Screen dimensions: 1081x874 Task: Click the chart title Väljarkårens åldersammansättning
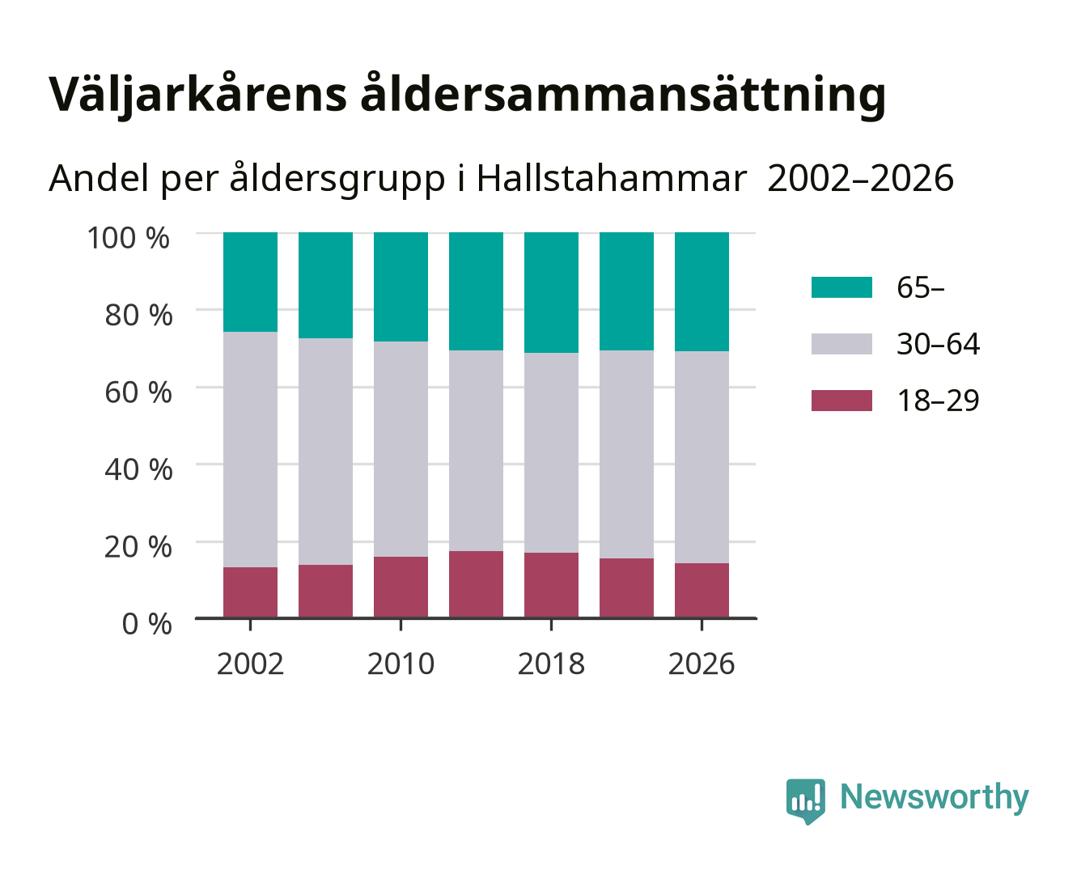tap(467, 95)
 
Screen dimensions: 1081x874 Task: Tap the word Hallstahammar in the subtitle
tap(611, 179)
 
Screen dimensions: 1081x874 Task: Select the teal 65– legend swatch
tap(841, 287)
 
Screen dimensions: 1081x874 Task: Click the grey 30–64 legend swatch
tap(841, 344)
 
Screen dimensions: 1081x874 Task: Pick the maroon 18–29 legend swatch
tap(841, 401)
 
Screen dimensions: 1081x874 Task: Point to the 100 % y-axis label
tap(129, 238)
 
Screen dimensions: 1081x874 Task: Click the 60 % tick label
tap(138, 392)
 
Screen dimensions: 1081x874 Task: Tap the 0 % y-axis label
tap(146, 624)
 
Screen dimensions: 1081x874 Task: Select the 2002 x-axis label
tap(250, 664)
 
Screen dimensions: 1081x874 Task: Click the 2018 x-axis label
tap(551, 664)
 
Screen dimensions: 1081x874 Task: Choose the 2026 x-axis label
tap(702, 664)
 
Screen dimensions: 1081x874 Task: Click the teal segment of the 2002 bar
tap(250, 282)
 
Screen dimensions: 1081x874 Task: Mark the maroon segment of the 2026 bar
tap(702, 590)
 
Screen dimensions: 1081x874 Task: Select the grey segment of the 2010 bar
tap(401, 449)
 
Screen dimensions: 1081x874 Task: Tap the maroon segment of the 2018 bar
tap(551, 585)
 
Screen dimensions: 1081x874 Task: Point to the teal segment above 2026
tap(702, 292)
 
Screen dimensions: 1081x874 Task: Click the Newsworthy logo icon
tap(805, 801)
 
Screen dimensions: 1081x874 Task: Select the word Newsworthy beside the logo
tap(935, 797)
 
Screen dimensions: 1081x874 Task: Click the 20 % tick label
tap(138, 546)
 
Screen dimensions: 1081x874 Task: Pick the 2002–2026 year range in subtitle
tap(860, 179)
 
